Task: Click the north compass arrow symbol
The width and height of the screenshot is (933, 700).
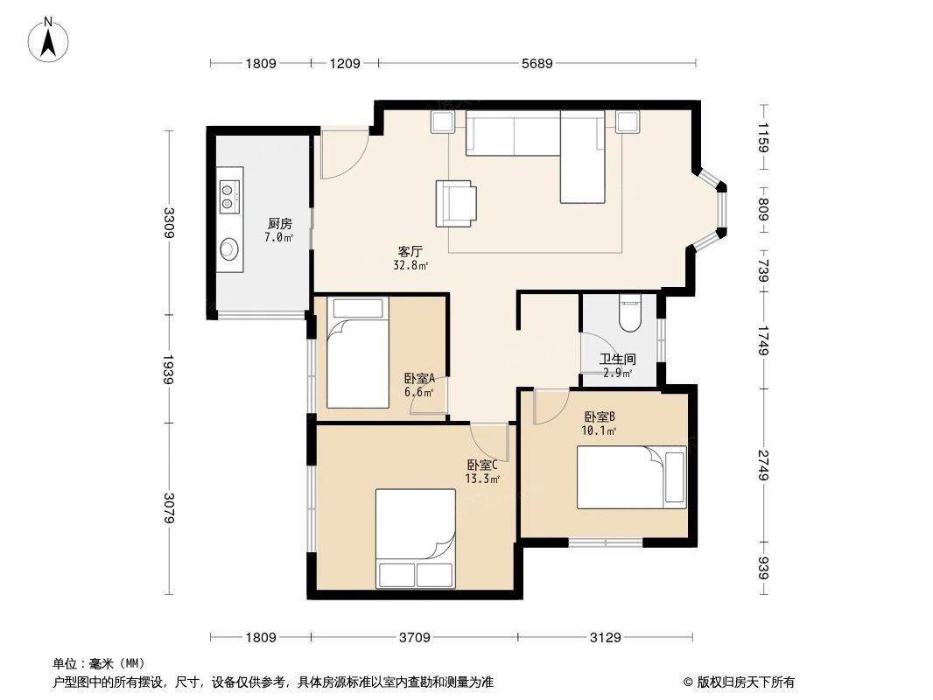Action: pyautogui.click(x=48, y=40)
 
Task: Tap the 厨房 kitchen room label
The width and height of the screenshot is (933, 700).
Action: pyautogui.click(x=280, y=224)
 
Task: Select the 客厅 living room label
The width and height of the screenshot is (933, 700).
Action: pyautogui.click(x=410, y=252)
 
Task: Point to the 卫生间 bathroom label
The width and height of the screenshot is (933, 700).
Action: pyautogui.click(x=618, y=360)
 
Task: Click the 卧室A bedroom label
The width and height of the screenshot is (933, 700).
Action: pyautogui.click(x=419, y=378)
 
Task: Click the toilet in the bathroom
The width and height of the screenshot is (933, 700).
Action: pyautogui.click(x=629, y=313)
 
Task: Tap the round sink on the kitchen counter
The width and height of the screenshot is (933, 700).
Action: pyautogui.click(x=229, y=248)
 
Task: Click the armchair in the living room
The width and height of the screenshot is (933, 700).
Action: pyautogui.click(x=456, y=203)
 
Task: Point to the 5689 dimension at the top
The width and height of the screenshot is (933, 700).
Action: pyautogui.click(x=537, y=63)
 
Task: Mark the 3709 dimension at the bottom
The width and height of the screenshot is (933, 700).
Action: pyautogui.click(x=415, y=638)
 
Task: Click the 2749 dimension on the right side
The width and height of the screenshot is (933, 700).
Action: pyautogui.click(x=763, y=465)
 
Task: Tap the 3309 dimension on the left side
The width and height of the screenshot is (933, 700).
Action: pyautogui.click(x=169, y=222)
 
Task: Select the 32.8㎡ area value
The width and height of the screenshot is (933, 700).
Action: pyautogui.click(x=410, y=266)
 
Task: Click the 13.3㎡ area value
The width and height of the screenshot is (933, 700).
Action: pyautogui.click(x=482, y=479)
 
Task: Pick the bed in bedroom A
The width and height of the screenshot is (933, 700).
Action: pyautogui.click(x=358, y=352)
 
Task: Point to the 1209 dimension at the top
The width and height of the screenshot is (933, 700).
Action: pyautogui.click(x=345, y=63)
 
